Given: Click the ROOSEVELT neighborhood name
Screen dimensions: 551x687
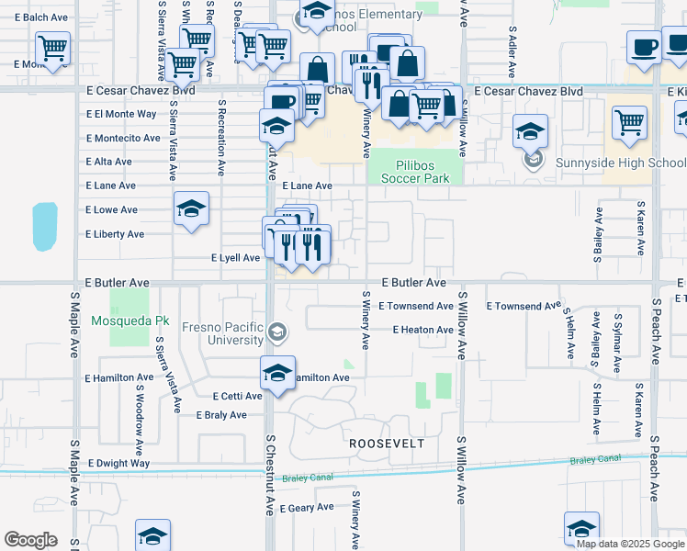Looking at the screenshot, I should (387, 443).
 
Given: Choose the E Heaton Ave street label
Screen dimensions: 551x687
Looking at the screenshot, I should (422, 330).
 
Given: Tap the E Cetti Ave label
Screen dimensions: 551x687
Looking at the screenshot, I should (237, 397).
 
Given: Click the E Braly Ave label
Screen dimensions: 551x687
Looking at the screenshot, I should (221, 415).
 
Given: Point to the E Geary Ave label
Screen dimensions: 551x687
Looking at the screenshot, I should (307, 508).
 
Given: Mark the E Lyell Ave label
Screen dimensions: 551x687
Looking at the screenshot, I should (236, 258).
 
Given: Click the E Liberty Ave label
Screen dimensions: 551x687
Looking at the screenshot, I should (115, 234).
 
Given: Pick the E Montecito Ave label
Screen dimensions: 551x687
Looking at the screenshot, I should (123, 138).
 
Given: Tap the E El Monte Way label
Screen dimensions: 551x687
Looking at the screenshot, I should (121, 114).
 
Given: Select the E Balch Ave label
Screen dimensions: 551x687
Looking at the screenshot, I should (41, 17).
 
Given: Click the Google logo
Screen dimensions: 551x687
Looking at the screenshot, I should (30, 540).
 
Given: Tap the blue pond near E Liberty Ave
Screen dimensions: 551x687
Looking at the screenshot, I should (44, 227).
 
